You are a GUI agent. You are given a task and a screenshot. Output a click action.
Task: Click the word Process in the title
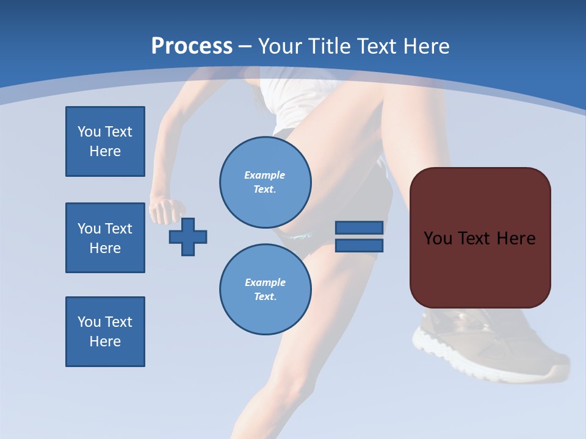pyautogui.click(x=192, y=46)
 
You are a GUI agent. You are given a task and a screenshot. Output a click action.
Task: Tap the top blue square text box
pyautogui.click(x=105, y=141)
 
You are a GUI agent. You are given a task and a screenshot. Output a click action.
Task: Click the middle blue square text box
pyautogui.click(x=105, y=238)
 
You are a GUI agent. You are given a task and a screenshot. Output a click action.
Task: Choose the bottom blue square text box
pyautogui.click(x=105, y=332)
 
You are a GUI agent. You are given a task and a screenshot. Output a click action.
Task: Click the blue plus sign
pyautogui.click(x=188, y=236)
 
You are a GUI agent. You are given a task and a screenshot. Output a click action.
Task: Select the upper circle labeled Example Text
pyautogui.click(x=265, y=182)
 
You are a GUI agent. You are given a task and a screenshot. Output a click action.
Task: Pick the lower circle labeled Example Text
pyautogui.click(x=265, y=290)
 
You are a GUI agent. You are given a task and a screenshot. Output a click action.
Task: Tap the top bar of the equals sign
pyautogui.click(x=359, y=227)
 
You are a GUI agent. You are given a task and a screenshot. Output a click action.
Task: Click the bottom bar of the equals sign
pyautogui.click(x=359, y=245)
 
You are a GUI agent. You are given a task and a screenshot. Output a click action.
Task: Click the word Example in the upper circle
pyautogui.click(x=264, y=175)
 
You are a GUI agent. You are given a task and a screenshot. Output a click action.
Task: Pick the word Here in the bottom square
pyautogui.click(x=105, y=341)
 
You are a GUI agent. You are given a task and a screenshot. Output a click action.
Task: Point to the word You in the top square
pyautogui.click(x=89, y=132)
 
